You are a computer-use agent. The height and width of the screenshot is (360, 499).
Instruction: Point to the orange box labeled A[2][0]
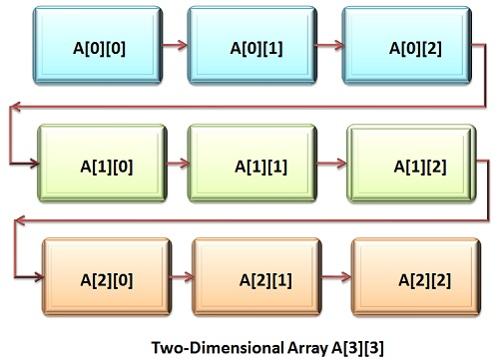point(103,275)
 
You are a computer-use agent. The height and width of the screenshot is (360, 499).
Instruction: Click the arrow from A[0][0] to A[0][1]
point(171,45)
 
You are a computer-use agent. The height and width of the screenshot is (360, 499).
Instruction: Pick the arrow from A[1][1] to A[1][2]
point(330,163)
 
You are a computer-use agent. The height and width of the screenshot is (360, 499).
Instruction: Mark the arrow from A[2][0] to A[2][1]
point(179,275)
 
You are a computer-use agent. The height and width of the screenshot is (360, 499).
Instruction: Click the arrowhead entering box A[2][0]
point(37,274)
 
